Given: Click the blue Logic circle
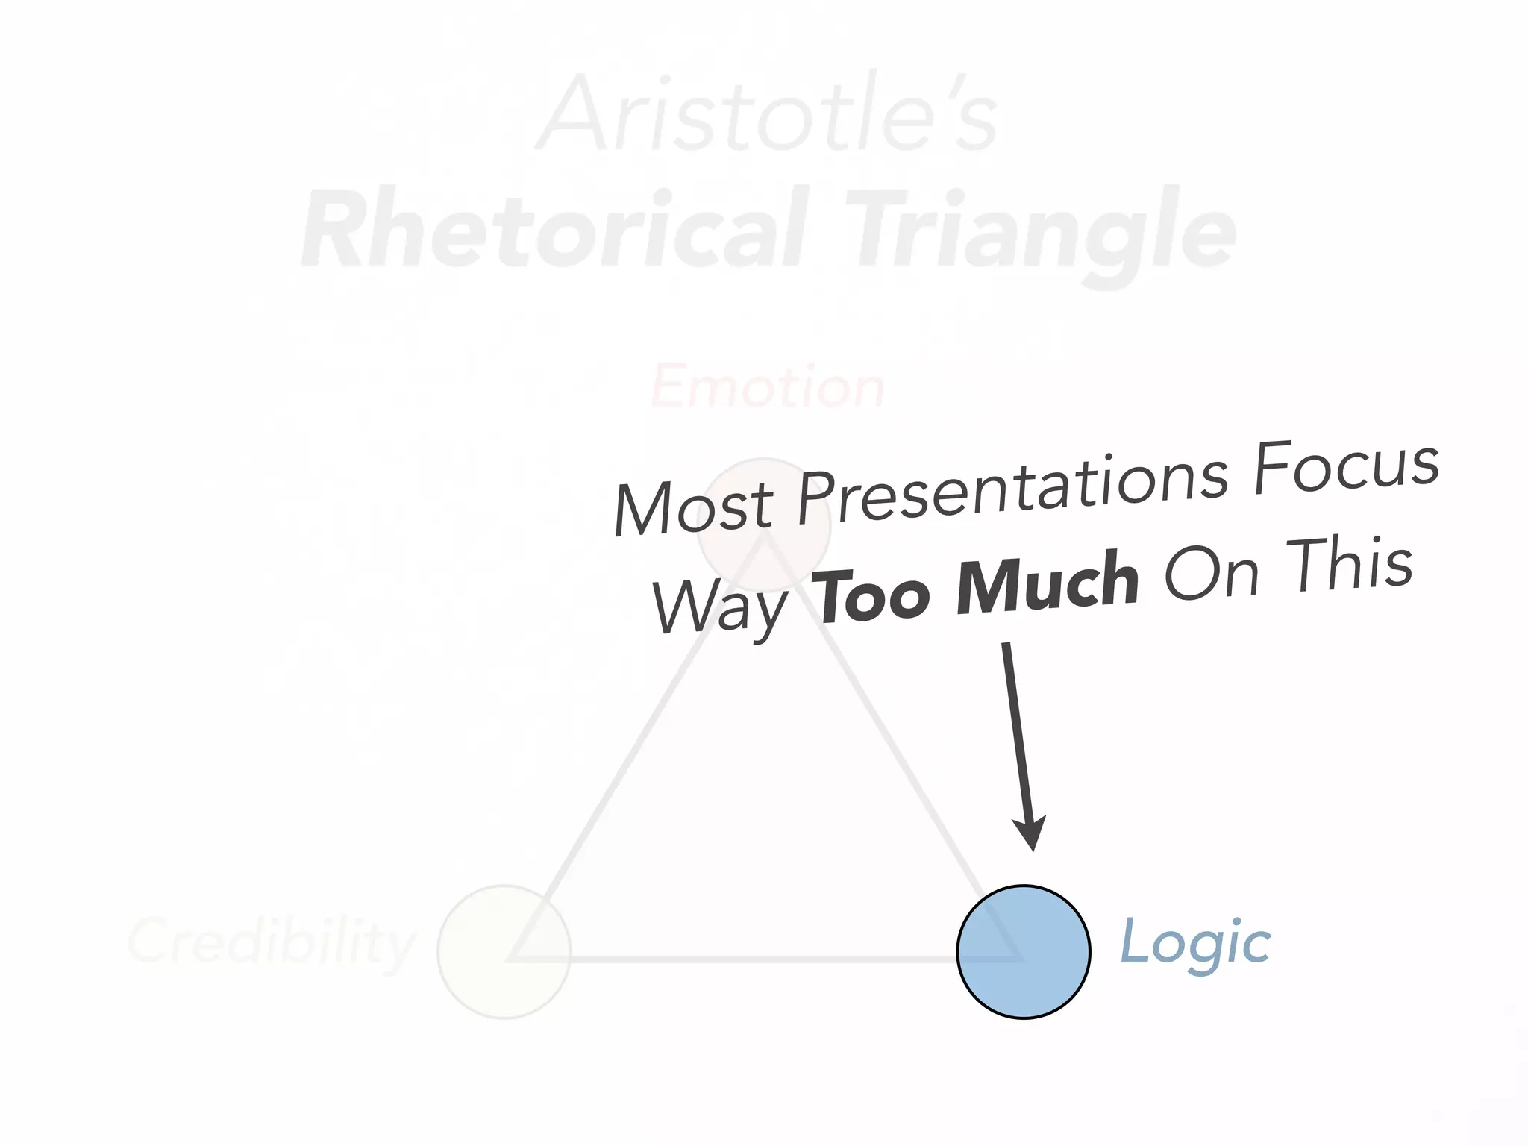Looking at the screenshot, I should coord(1024,951).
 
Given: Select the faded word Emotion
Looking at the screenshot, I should coord(768,386).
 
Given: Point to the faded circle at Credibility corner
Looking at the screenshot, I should coord(504,951).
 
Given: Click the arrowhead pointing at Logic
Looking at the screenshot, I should coord(1030,832).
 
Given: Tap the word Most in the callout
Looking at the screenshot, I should coord(694,507).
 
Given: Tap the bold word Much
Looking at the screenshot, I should coord(1048,582).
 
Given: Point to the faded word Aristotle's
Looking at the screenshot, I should coord(768,116).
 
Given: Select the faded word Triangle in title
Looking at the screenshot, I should coord(1041,230).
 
